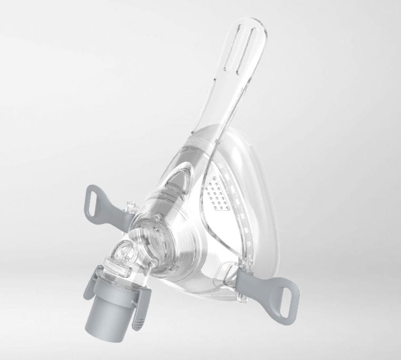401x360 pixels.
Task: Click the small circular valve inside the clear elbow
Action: (x=121, y=253)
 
